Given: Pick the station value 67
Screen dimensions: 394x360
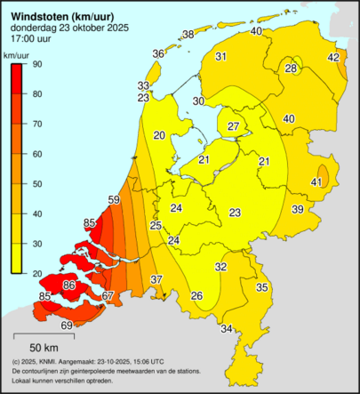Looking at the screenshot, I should (x=108, y=296).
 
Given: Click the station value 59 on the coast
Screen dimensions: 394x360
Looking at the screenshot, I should (x=114, y=199).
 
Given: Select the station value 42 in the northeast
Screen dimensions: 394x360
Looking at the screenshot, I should (x=333, y=58).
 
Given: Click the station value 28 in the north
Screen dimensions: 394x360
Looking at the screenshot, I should (x=292, y=68).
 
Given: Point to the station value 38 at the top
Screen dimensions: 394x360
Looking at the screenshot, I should (x=188, y=35).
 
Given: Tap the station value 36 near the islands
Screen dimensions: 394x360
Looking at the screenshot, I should (x=157, y=54).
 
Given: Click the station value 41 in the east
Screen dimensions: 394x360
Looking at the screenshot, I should (x=316, y=182).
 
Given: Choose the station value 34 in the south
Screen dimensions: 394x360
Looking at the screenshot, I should (x=227, y=329).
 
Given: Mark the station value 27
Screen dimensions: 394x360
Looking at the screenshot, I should (x=232, y=127).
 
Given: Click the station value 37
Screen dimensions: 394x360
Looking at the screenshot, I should (x=156, y=280).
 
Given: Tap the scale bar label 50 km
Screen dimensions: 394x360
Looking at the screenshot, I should (x=44, y=346).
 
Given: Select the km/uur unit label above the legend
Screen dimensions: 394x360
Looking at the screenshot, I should (x=17, y=55).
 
